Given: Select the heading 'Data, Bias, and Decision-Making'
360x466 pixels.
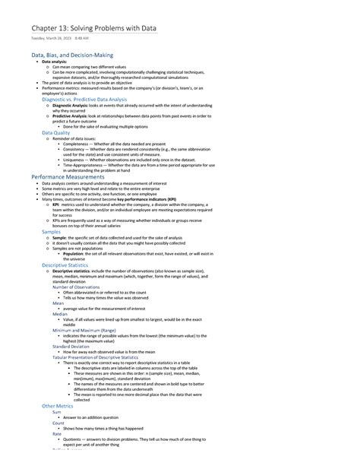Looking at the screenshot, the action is (72, 55).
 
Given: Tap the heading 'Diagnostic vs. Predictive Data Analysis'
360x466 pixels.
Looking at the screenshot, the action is (84, 99).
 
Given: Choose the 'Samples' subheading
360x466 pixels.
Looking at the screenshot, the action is (51, 231).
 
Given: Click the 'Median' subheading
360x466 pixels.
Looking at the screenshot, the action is (60, 313).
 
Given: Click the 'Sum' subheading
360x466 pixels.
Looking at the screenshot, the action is (57, 412).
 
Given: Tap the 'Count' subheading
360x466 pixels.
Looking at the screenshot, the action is (58, 423).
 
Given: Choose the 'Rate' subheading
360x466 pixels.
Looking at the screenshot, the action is (57, 434).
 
